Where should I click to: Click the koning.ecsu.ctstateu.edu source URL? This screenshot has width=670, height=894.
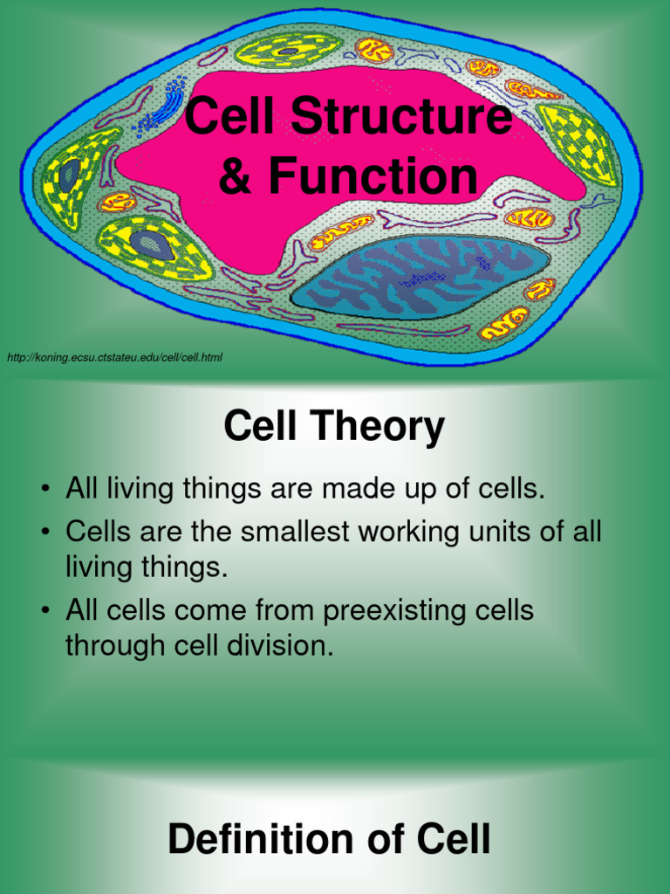tap(114, 358)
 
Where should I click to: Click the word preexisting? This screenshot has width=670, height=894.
tap(391, 611)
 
